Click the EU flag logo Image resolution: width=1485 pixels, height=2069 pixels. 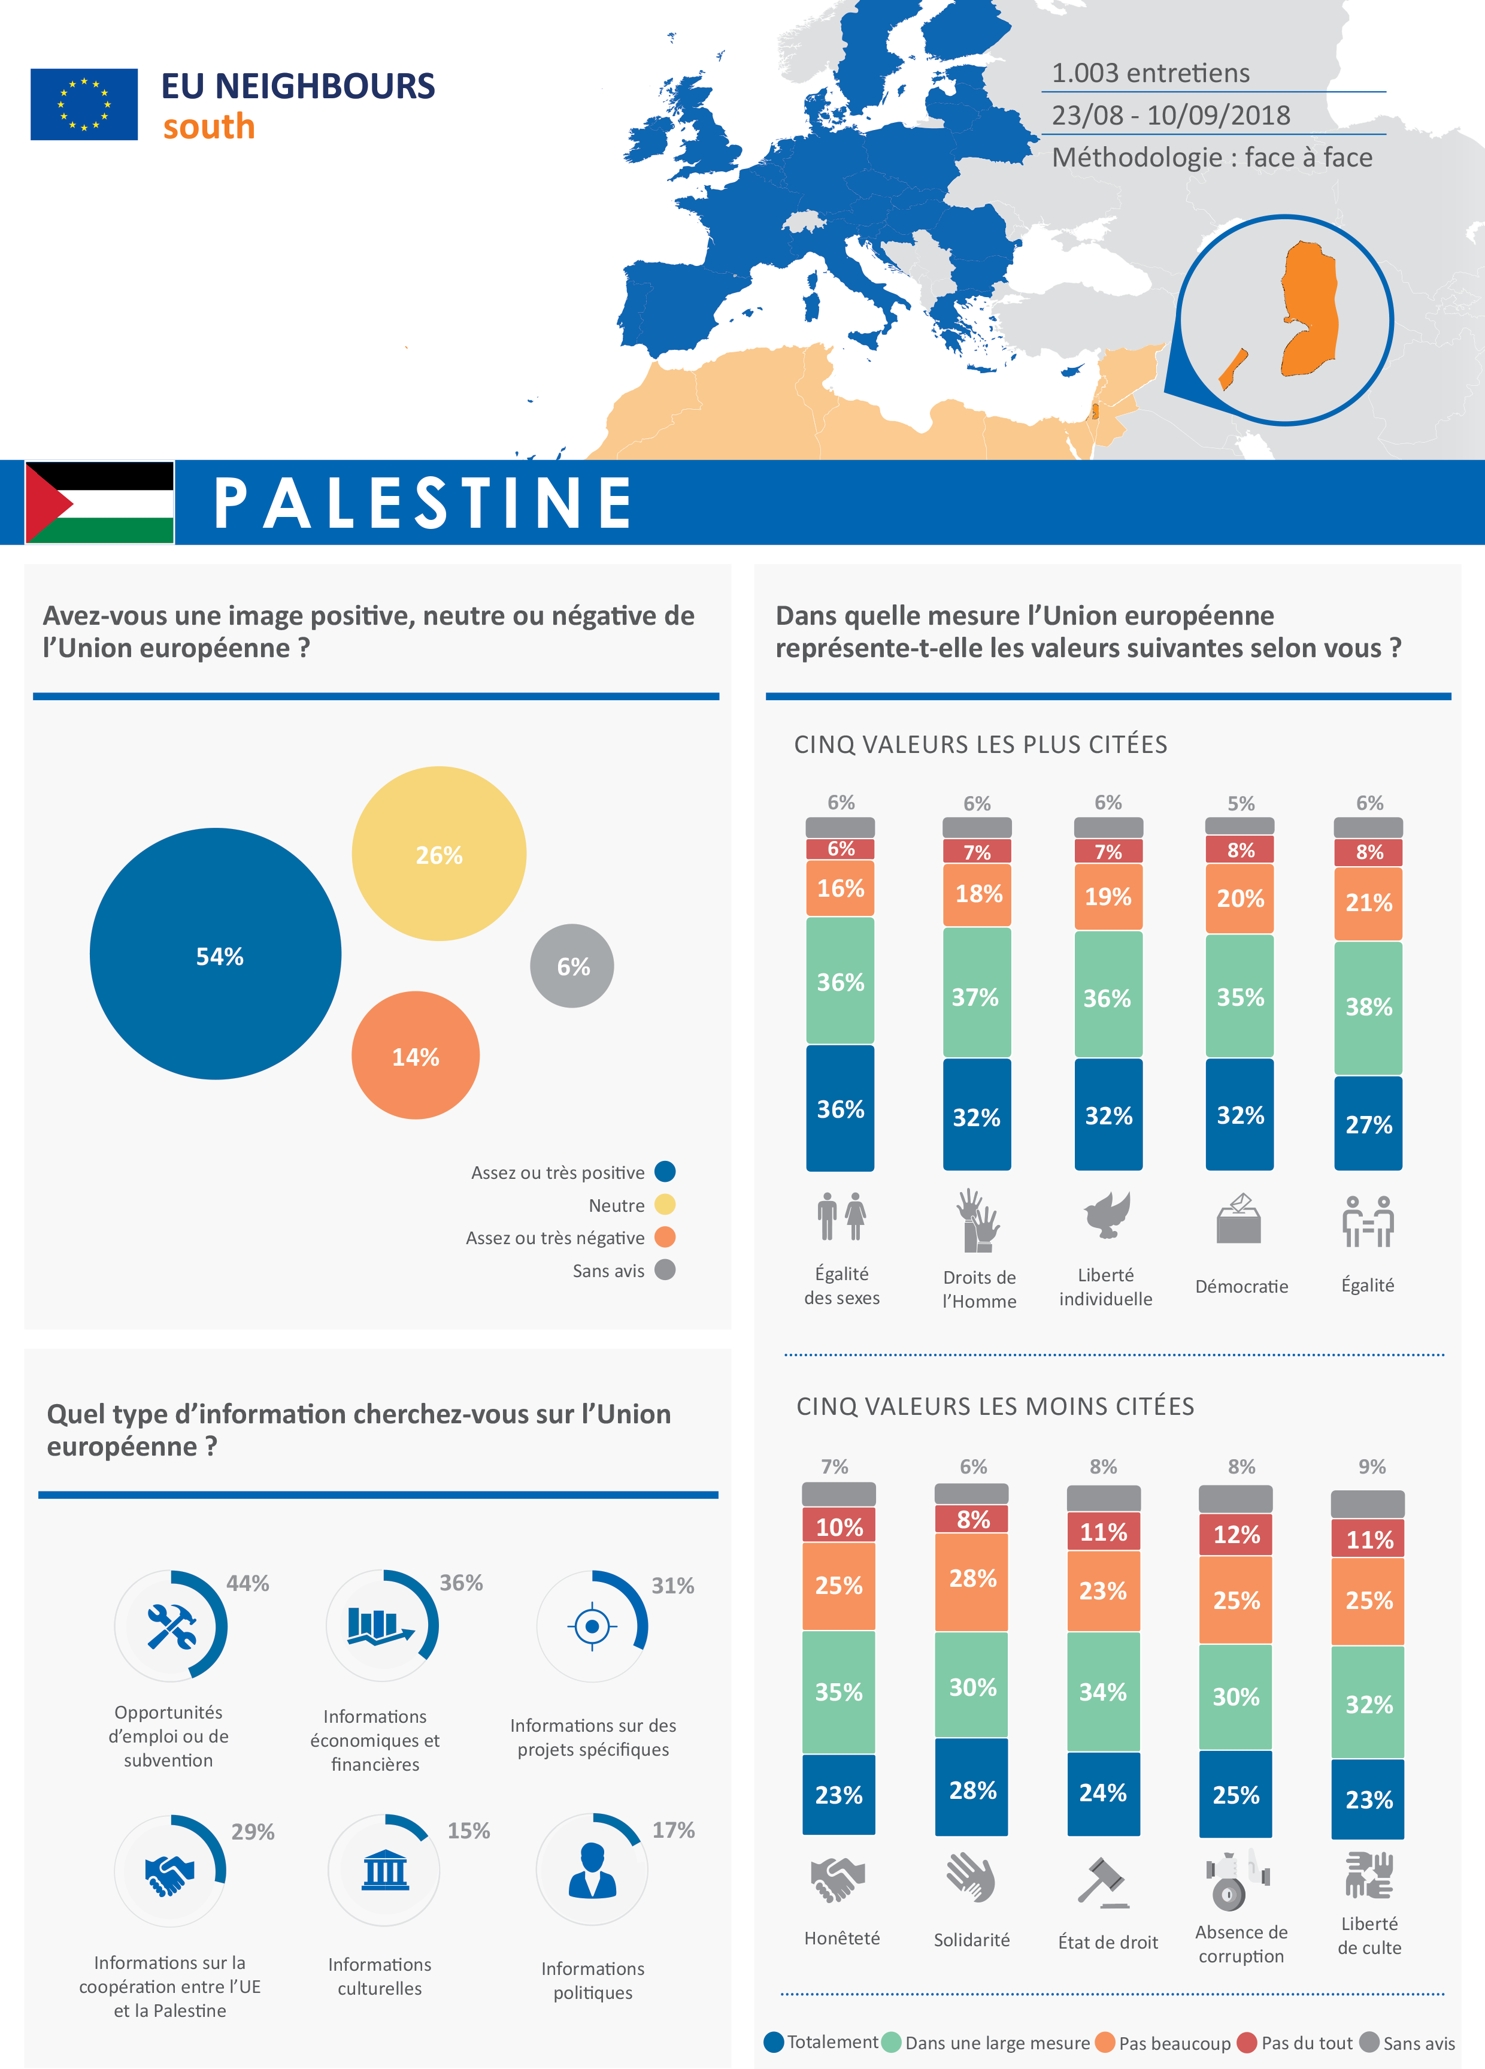tap(84, 104)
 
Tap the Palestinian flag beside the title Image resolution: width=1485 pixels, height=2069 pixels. tap(99, 502)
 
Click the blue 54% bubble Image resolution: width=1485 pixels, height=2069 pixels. tap(216, 954)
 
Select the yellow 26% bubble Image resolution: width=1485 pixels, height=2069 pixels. tap(439, 853)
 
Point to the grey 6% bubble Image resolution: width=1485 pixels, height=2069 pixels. tap(572, 966)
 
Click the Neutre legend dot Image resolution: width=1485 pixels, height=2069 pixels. tap(665, 1205)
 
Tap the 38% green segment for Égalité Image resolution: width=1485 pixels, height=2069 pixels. tap(1368, 1007)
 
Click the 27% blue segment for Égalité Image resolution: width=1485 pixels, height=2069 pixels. tap(1368, 1124)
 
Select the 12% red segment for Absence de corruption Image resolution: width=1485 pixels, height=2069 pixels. tap(1236, 1535)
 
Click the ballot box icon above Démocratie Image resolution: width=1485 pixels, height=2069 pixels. tap(1239, 1219)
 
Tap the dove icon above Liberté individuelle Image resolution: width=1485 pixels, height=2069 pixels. tap(1107, 1215)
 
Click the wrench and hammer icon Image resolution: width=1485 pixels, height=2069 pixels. tap(171, 1626)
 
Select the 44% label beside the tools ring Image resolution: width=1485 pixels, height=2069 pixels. tap(247, 1584)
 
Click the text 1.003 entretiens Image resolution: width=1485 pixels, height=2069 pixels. tap(1150, 73)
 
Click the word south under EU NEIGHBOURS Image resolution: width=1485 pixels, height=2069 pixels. tap(209, 127)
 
